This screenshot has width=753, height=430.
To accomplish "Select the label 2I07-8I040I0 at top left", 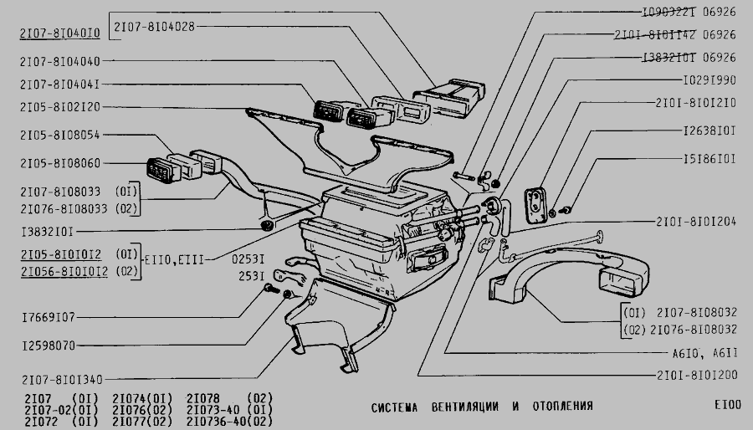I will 59,33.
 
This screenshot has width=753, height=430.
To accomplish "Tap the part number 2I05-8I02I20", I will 59,108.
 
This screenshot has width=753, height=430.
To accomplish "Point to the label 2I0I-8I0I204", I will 696,222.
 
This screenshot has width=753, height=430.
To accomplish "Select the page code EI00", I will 727,407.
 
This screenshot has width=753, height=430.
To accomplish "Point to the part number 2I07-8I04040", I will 59,61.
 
